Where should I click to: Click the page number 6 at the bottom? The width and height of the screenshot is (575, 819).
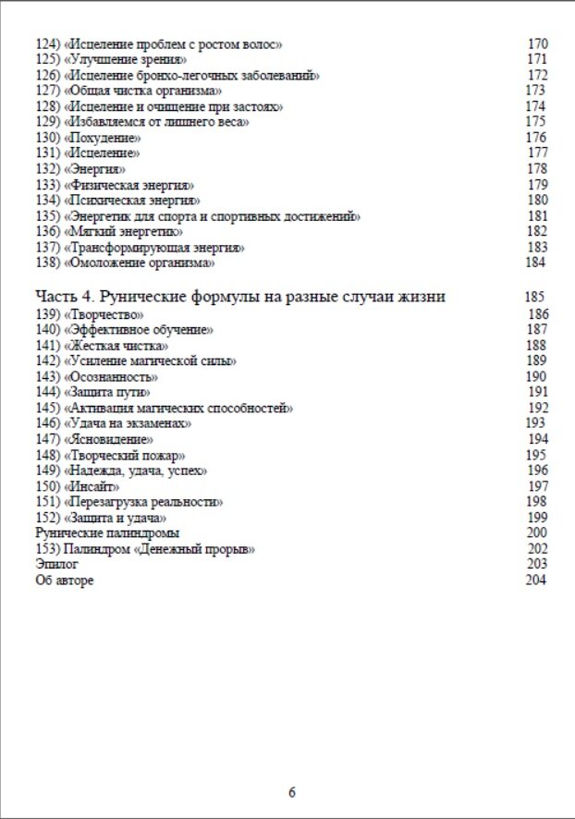292,792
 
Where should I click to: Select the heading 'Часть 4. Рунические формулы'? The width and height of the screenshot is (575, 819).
240,297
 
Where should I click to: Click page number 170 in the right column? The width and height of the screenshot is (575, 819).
537,44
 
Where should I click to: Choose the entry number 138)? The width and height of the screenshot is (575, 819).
47,263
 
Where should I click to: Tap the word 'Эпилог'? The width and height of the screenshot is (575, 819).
56,563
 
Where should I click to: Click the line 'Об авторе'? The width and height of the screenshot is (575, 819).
64,580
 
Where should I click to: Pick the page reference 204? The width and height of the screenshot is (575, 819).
535,580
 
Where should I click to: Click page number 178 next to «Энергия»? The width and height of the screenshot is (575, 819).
537,169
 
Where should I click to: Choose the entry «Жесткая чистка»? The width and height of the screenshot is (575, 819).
116,345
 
